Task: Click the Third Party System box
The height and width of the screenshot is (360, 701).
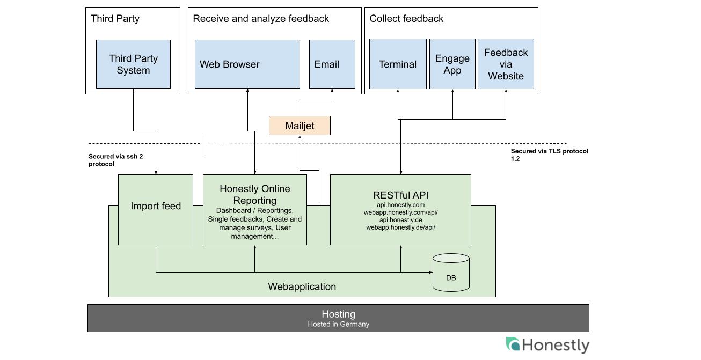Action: pyautogui.click(x=133, y=64)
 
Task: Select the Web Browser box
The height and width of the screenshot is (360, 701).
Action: pyautogui.click(x=247, y=64)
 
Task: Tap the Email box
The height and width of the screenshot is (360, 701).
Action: pyautogui.click(x=332, y=64)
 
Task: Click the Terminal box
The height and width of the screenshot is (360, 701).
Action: pyautogui.click(x=398, y=64)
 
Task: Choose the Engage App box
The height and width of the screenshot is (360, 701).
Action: pyautogui.click(x=452, y=64)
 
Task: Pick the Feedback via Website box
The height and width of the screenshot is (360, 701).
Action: pyautogui.click(x=506, y=64)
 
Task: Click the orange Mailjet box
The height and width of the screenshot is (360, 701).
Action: pyautogui.click(x=300, y=126)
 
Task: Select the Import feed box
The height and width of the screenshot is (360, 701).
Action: pyautogui.click(x=156, y=210)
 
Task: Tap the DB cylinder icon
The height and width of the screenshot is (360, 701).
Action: pyautogui.click(x=451, y=273)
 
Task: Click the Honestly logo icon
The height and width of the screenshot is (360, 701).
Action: pyautogui.click(x=513, y=344)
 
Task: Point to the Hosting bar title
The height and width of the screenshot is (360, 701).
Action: pyautogui.click(x=338, y=314)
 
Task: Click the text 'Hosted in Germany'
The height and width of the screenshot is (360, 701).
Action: pyautogui.click(x=338, y=325)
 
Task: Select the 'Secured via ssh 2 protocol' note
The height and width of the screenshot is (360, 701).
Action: pyautogui.click(x=115, y=160)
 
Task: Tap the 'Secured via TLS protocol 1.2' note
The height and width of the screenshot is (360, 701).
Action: pyautogui.click(x=550, y=155)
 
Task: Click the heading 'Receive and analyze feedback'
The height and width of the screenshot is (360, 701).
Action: pyautogui.click(x=261, y=19)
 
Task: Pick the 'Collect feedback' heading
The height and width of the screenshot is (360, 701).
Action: pyautogui.click(x=406, y=19)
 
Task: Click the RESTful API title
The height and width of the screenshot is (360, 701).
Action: pyautogui.click(x=400, y=195)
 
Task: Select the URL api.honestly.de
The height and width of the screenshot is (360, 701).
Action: pyautogui.click(x=400, y=220)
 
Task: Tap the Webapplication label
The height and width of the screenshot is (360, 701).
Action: pyautogui.click(x=302, y=287)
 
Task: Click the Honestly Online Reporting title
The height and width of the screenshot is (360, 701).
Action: pyautogui.click(x=255, y=195)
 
